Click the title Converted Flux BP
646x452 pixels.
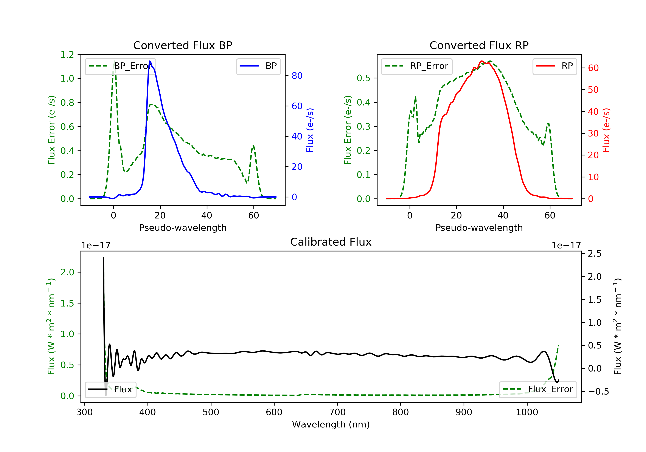(x=183, y=45)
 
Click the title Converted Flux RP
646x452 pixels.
(x=479, y=45)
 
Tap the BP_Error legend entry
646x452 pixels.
(x=120, y=66)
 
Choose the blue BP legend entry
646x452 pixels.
(x=258, y=66)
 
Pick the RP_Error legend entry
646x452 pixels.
(x=417, y=66)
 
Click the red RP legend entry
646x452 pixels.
(x=554, y=66)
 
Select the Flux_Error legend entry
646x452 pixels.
(x=538, y=389)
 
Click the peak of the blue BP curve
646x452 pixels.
(x=150, y=61)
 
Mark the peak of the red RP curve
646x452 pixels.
(x=481, y=61)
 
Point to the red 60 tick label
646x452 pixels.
(x=593, y=68)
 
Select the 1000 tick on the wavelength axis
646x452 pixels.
(x=527, y=412)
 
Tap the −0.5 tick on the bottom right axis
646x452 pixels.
(x=598, y=392)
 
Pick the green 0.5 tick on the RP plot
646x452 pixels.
(x=363, y=78)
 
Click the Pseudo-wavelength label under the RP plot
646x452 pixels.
(x=479, y=228)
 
